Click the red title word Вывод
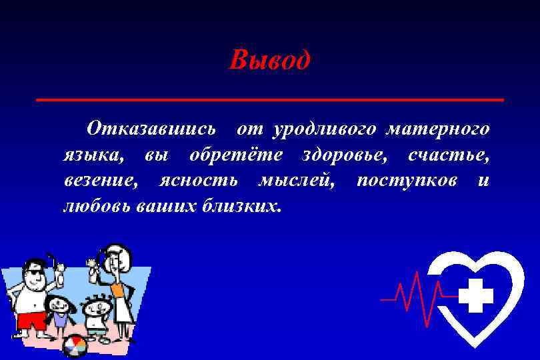tap(269, 61)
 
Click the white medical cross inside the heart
tap(476, 295)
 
